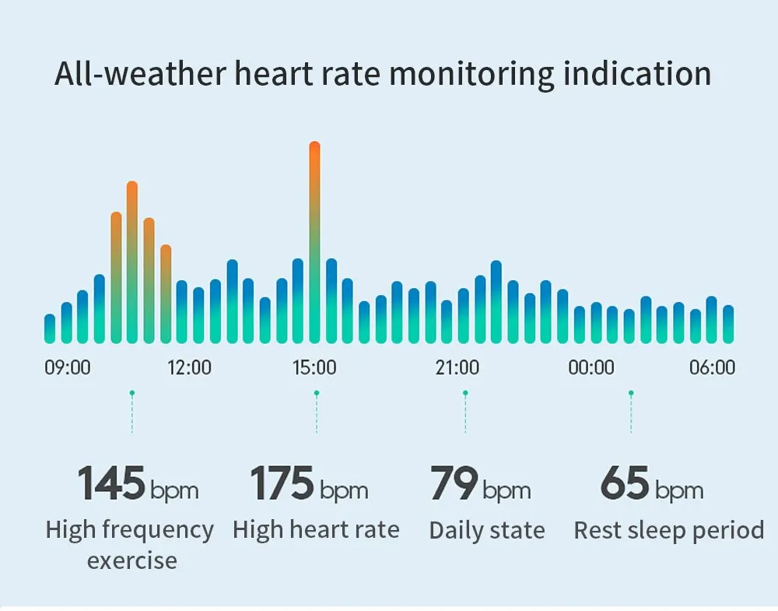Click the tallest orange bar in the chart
coord(314,241)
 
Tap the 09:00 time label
coord(68,367)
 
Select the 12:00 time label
coord(190,367)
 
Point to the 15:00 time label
coord(314,367)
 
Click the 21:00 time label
coord(457,367)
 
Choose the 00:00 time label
coord(591,367)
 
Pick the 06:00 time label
coord(712,367)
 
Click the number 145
coord(111,483)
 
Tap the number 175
coord(282,483)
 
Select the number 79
coord(454,483)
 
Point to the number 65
coord(624,483)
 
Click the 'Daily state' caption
coord(487,531)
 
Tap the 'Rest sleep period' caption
coord(668,531)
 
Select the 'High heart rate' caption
coord(316,531)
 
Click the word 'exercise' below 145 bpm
coord(132,560)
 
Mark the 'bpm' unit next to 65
coord(678,491)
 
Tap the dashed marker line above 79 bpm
coord(465,413)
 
